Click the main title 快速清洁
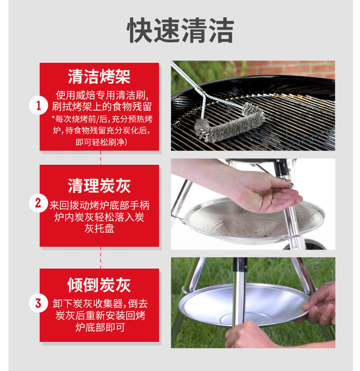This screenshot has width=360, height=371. point(180,30)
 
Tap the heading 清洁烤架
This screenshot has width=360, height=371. point(99,76)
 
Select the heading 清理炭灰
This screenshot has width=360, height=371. point(99,186)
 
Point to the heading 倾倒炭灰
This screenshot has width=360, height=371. point(99,285)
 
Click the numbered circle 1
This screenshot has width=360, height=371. point(38,105)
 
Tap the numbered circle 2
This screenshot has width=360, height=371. point(38,203)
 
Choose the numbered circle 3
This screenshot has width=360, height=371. point(38,303)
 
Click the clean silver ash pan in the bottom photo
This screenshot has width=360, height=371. point(244,305)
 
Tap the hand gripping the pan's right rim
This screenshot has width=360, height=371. point(319,305)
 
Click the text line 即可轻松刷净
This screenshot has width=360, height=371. point(101,142)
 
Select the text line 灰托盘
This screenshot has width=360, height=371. point(99,229)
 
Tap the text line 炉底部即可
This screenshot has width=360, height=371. point(100,327)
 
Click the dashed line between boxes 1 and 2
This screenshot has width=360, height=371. point(100,158)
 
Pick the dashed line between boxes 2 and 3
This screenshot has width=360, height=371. point(100,258)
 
